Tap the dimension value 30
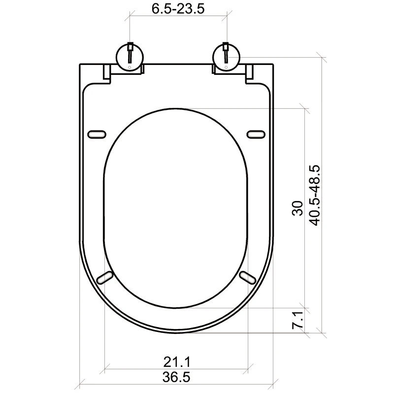point(297,208)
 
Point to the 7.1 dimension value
point(297,320)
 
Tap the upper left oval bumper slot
point(96,134)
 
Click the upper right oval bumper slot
point(256,134)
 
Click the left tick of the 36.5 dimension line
point(80,382)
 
